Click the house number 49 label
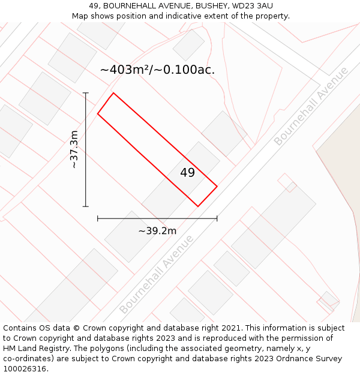click(x=188, y=173)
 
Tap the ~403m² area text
click(x=125, y=70)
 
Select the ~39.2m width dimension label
click(x=157, y=231)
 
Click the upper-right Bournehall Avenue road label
click(x=311, y=106)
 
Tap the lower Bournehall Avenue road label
click(x=157, y=275)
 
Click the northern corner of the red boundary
click(x=113, y=93)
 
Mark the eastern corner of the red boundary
click(x=217, y=187)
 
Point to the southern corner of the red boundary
click(x=198, y=206)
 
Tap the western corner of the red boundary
click(x=98, y=113)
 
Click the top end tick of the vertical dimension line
click(x=86, y=93)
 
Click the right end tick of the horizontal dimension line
click(x=217, y=219)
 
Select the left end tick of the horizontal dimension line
click(x=98, y=219)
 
